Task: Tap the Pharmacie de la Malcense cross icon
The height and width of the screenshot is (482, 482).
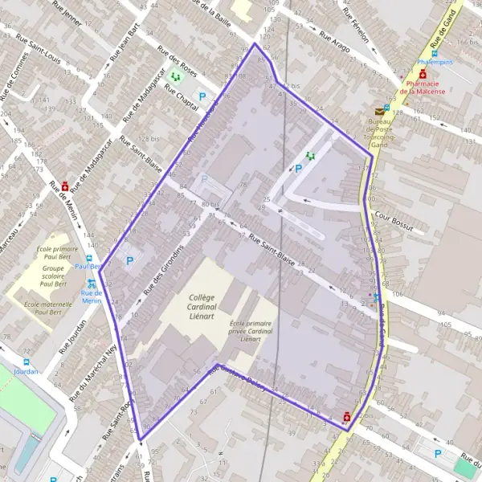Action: click(x=423, y=74)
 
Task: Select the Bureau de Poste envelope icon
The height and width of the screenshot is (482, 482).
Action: click(x=379, y=112)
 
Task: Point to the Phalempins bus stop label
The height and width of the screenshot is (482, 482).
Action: click(x=436, y=62)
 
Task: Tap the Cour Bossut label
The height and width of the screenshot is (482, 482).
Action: click(x=394, y=222)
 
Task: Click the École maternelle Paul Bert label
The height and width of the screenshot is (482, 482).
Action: click(x=55, y=308)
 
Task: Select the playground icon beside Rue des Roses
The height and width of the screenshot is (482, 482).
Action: click(x=175, y=77)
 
